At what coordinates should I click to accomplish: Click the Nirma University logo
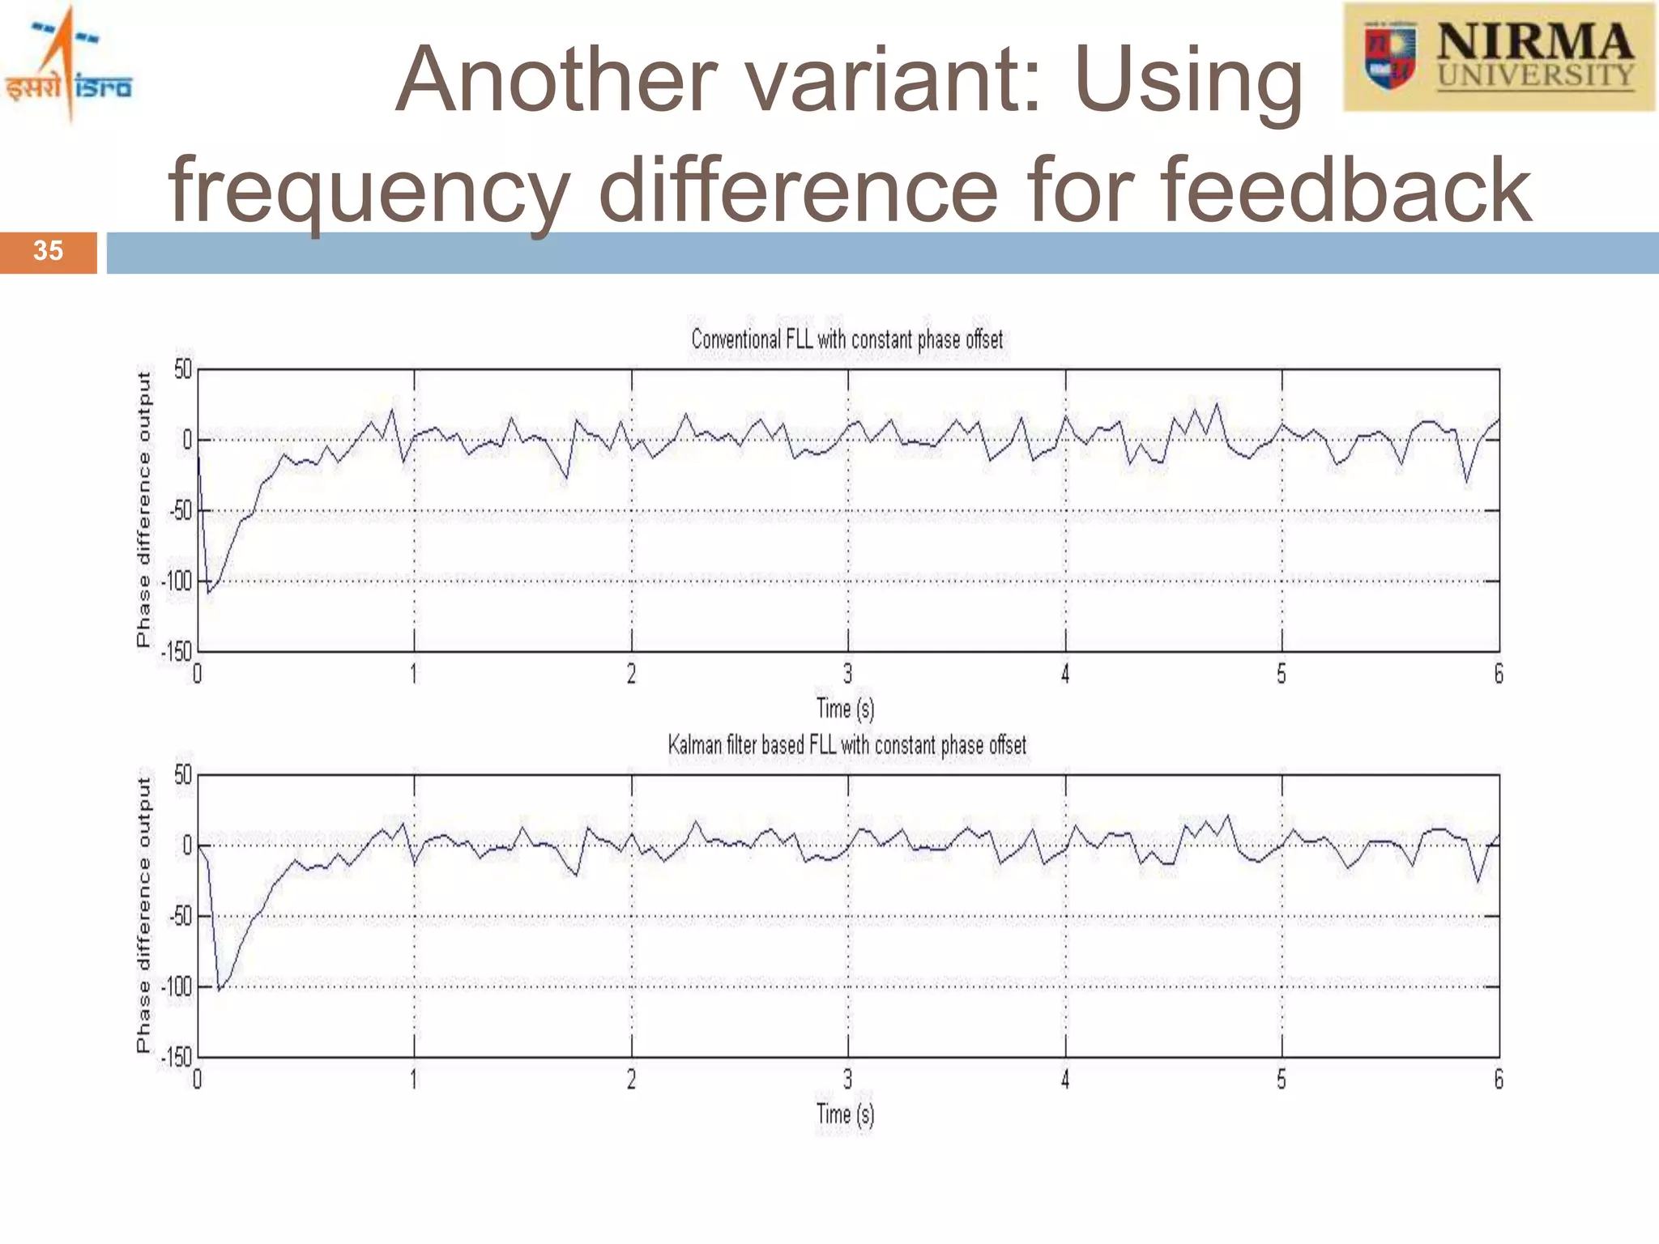[1499, 57]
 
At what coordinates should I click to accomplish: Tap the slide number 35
[48, 251]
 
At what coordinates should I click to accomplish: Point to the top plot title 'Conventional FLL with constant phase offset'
[847, 339]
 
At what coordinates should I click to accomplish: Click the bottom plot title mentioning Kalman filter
[847, 745]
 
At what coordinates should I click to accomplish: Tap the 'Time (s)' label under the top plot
[845, 709]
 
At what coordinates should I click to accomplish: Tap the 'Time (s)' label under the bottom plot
[845, 1114]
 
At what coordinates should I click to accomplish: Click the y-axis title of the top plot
[143, 509]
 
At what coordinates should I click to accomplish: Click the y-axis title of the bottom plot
[143, 915]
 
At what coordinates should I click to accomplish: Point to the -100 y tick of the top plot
[177, 582]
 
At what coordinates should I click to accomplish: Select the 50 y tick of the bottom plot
[183, 775]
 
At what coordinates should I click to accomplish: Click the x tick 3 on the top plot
[847, 674]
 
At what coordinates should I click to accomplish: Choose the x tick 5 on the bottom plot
[1282, 1080]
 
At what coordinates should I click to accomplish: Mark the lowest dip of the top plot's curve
[209, 593]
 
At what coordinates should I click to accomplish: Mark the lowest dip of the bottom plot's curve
[220, 990]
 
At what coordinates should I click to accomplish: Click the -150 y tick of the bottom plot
[177, 1057]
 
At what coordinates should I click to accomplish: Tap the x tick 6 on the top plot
[1499, 674]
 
